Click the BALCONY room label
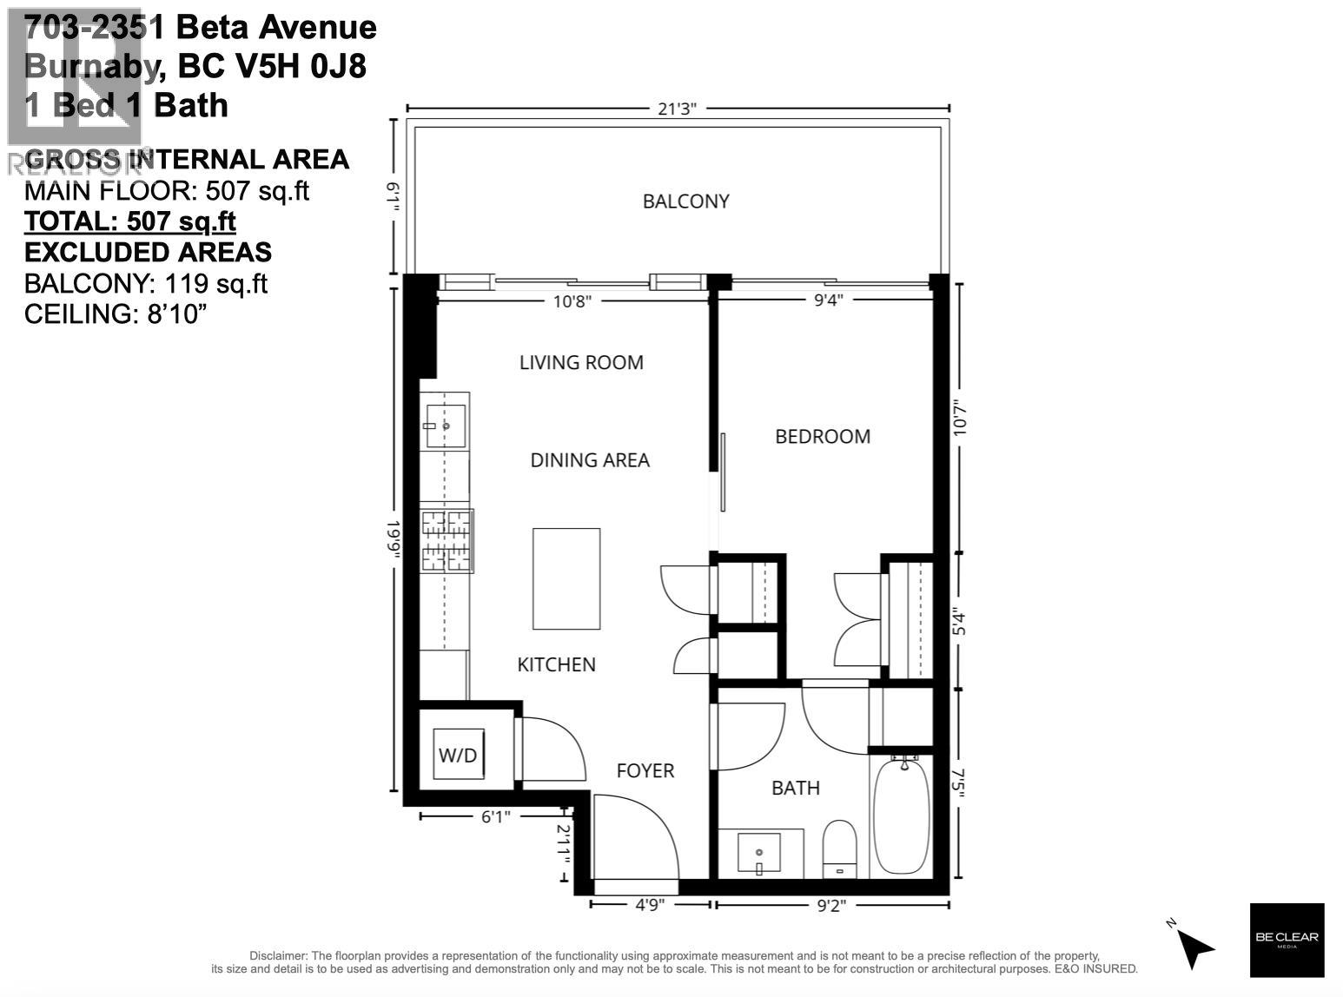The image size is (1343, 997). coord(685,201)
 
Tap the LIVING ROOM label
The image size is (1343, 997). coord(581,362)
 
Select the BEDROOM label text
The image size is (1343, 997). coord(822,436)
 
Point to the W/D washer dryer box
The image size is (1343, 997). coord(458,755)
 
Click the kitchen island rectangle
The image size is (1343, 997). coord(566,578)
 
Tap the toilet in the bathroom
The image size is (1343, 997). coord(839,848)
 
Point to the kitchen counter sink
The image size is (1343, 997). coord(445,426)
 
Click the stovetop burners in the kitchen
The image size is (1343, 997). coord(447,541)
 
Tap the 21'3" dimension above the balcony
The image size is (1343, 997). coord(678,109)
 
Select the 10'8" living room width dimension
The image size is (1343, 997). coord(572,300)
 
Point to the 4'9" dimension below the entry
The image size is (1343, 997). coord(650,905)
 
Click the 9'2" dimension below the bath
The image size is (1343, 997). coord(831,905)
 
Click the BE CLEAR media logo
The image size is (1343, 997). coord(1287,939)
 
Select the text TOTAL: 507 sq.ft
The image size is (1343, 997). coord(130,221)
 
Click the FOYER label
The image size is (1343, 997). coord(645,770)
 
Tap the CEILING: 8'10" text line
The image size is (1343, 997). coord(116,314)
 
